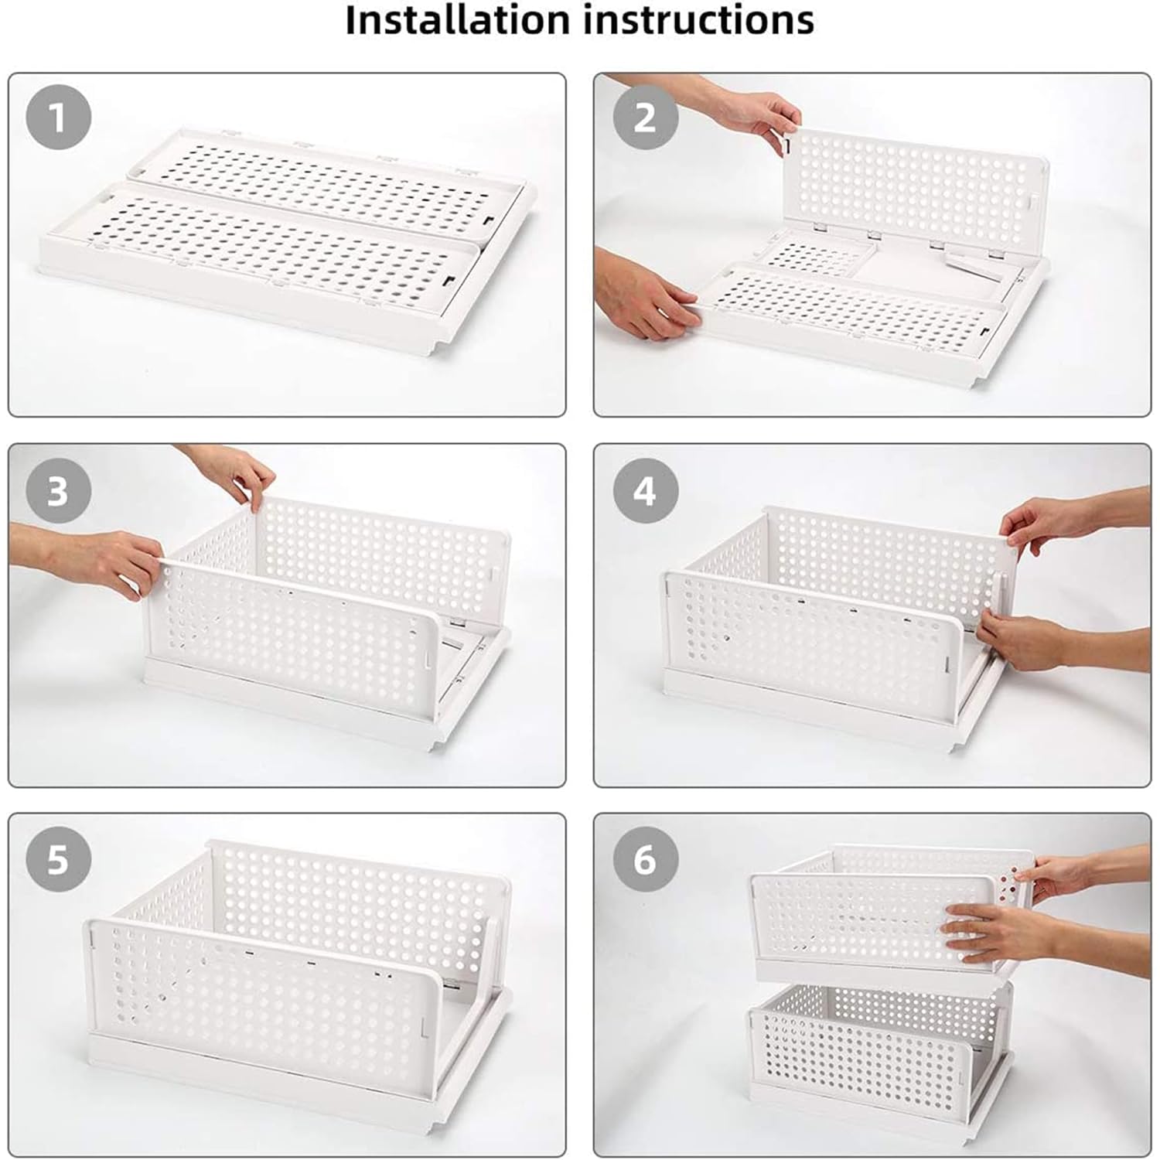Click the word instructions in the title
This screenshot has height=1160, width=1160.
coord(699,20)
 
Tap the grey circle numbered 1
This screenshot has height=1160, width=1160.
coord(59,118)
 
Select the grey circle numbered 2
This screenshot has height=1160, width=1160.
coord(646,118)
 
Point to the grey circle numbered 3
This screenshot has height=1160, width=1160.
coord(59,490)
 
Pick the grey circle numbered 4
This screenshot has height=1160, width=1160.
coord(646,490)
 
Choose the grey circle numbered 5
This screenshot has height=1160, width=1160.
coord(59,859)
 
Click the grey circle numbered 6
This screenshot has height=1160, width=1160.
coord(646,859)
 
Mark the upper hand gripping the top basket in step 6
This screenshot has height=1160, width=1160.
coord(1083,874)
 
